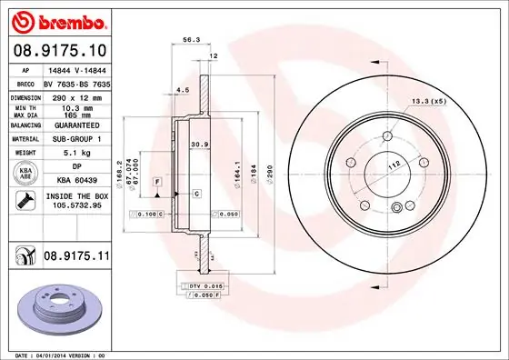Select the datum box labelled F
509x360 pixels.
pyautogui.click(x=157, y=182)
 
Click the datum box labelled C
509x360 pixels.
pyautogui.click(x=196, y=194)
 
